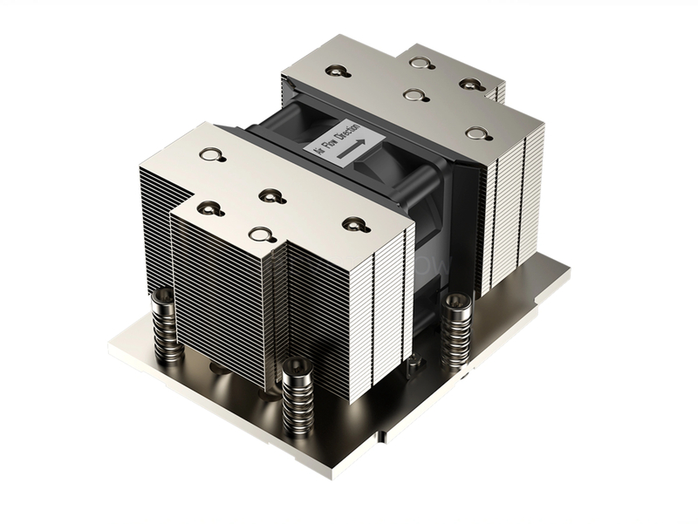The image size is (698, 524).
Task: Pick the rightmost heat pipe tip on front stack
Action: click(352, 224)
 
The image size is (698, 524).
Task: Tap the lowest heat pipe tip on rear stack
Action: click(476, 133)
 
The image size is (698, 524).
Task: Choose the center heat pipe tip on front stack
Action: click(267, 194)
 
